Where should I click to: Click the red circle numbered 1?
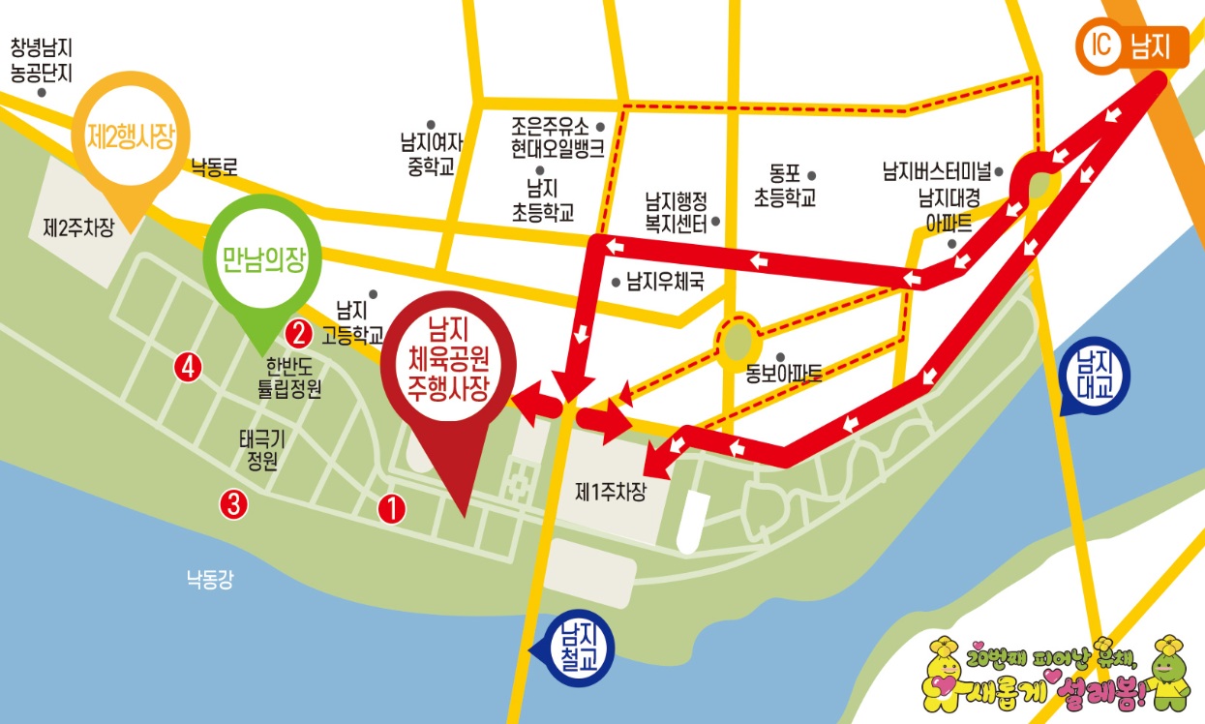[x=391, y=507]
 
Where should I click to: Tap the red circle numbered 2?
[x=298, y=333]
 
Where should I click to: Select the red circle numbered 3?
[x=233, y=503]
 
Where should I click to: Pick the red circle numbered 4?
[x=187, y=366]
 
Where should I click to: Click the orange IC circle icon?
[x=1098, y=45]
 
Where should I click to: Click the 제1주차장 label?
[x=610, y=491]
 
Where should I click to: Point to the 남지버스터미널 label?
[x=936, y=173]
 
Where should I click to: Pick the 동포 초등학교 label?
[x=785, y=187]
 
